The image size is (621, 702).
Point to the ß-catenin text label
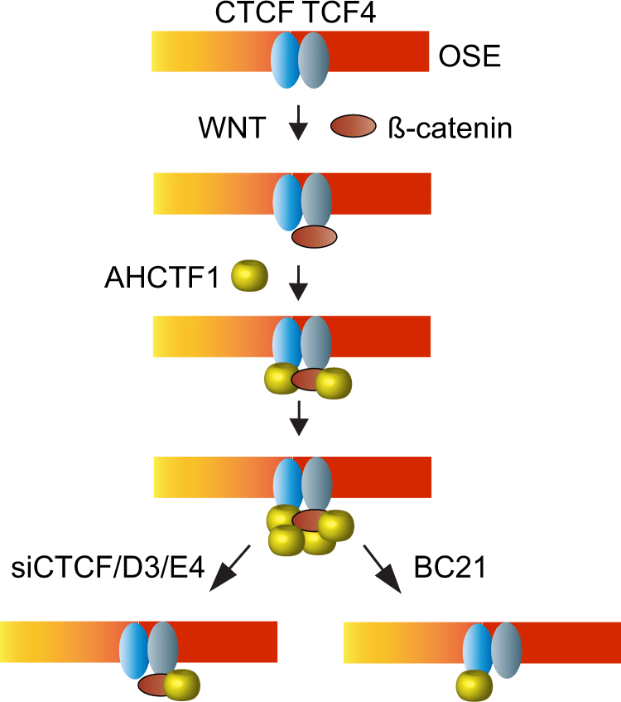pyautogui.click(x=450, y=128)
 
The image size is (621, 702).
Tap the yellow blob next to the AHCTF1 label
pyautogui.click(x=250, y=276)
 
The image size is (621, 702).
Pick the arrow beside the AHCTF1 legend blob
pyautogui.click(x=299, y=286)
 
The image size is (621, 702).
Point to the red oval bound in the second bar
pyautogui.click(x=315, y=237)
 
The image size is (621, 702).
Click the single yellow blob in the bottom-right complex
pyautogui.click(x=474, y=685)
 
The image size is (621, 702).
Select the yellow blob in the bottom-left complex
pyautogui.click(x=181, y=685)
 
